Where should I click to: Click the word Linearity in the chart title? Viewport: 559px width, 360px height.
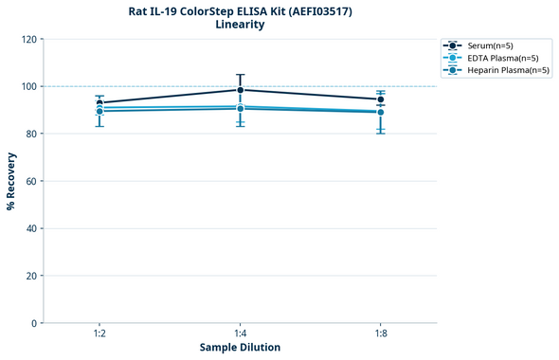tap(240, 25)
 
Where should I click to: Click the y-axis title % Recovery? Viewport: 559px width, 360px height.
tap(11, 181)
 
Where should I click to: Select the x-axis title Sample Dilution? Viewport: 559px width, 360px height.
tap(240, 348)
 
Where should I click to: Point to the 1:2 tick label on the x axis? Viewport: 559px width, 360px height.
tap(99, 333)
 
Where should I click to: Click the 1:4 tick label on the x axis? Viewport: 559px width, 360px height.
tap(241, 333)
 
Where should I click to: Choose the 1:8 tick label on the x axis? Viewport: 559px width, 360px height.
tap(381, 333)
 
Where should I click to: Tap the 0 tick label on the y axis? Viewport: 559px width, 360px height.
tap(34, 323)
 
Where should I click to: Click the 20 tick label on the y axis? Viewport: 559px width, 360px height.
tap(31, 276)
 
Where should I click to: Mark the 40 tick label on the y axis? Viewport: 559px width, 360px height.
tap(31, 228)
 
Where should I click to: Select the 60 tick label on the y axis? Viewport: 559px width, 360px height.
tap(31, 181)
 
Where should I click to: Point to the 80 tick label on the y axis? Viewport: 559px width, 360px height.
tap(31, 134)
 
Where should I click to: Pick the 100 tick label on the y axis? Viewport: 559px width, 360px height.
tap(28, 86)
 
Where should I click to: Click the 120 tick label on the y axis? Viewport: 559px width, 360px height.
tap(28, 39)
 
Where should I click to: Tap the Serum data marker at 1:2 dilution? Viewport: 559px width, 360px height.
tap(99, 103)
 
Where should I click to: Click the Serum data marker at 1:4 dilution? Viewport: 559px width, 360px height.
tap(241, 90)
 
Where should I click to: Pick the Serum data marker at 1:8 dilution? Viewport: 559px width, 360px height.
tap(381, 99)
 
